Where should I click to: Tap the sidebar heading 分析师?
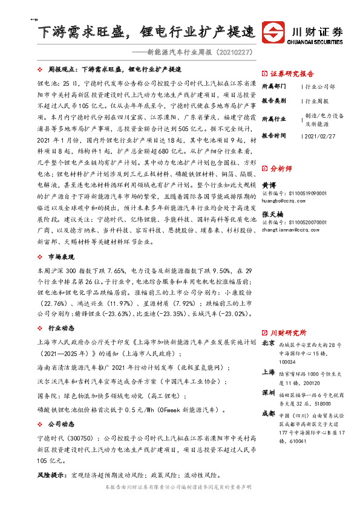280,169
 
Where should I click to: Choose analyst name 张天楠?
272,214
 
